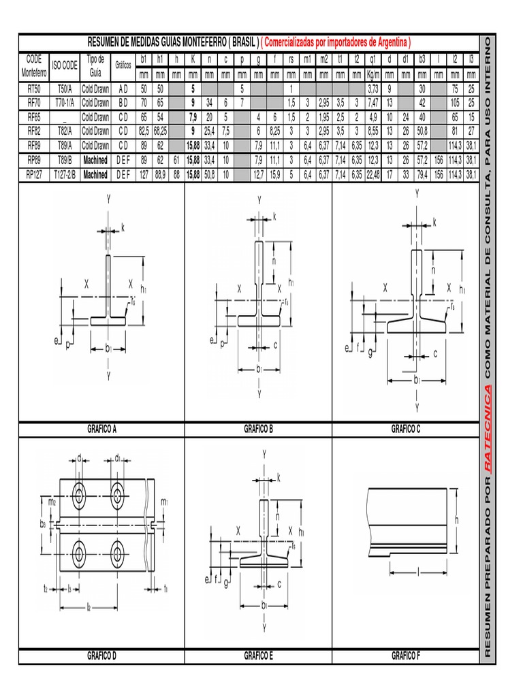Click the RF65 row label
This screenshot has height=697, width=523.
34,117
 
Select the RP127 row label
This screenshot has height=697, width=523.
34,174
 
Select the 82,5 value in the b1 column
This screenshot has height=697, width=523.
144,131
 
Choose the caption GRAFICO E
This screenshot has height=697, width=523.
258,655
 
